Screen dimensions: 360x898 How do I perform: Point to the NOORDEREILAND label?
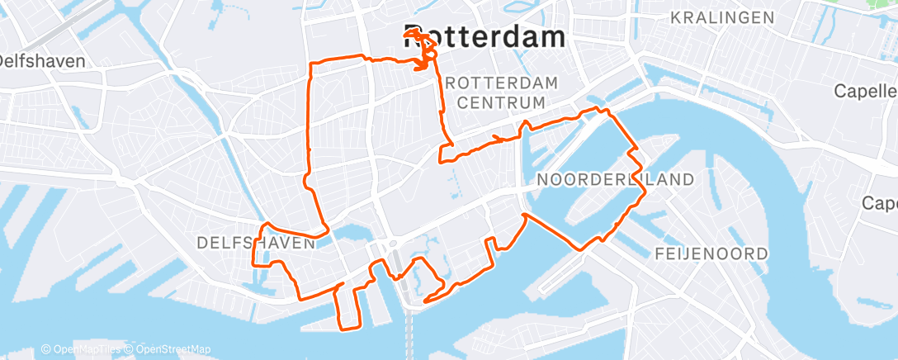pyautogui.click(x=615, y=179)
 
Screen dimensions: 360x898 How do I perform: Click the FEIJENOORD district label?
pyautogui.click(x=711, y=253)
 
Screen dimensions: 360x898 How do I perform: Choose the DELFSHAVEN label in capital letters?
pyautogui.click(x=256, y=243)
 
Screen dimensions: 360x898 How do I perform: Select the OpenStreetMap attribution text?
pyautogui.click(x=168, y=349)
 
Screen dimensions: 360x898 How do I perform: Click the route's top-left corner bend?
pyautogui.click(x=310, y=64)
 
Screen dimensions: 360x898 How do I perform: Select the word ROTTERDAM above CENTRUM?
pyautogui.click(x=501, y=83)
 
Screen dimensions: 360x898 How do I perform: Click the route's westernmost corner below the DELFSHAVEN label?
pyautogui.click(x=253, y=264)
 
